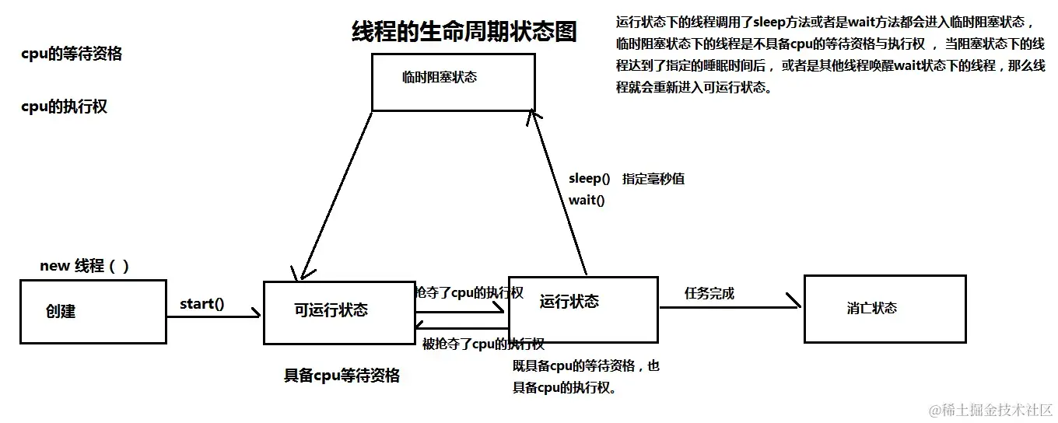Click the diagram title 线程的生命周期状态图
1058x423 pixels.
tap(464, 33)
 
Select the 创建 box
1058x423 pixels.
tap(93, 311)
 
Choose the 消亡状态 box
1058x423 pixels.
tap(885, 309)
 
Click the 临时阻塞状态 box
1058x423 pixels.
tap(453, 82)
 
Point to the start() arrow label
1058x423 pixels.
tap(201, 304)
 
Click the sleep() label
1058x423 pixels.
tap(589, 179)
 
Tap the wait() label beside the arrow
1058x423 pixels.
tap(587, 201)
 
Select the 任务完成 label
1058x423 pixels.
tap(709, 294)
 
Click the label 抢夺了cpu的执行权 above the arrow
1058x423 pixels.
tap(469, 293)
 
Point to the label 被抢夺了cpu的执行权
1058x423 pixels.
tap(482, 344)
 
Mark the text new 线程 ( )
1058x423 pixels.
tap(84, 266)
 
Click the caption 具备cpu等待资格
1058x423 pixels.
tap(342, 376)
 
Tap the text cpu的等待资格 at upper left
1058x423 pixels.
tap(72, 54)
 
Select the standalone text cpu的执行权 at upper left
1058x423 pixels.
tap(65, 107)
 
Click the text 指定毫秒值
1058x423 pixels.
tap(653, 179)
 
